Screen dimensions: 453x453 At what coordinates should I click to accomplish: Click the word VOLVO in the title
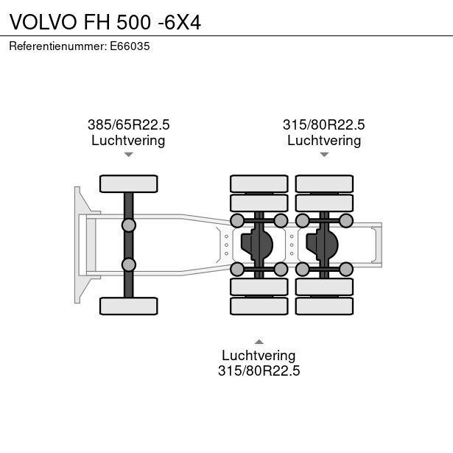(x=43, y=22)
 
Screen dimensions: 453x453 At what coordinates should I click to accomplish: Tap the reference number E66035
(x=130, y=46)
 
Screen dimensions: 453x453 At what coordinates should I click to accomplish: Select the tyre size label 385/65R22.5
(x=129, y=124)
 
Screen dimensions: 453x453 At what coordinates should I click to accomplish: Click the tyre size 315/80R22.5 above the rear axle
(x=324, y=124)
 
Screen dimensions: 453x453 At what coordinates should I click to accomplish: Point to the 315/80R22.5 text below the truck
(x=259, y=371)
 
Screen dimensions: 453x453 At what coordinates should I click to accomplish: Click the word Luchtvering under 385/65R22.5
(x=128, y=141)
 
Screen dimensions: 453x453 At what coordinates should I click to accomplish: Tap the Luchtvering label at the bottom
(x=259, y=355)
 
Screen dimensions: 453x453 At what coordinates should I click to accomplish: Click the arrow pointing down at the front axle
(x=129, y=155)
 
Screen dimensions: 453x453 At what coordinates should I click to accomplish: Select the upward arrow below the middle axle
(x=259, y=342)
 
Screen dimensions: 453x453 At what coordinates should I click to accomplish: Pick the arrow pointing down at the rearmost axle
(x=324, y=155)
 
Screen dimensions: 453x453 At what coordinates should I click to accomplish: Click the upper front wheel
(x=129, y=183)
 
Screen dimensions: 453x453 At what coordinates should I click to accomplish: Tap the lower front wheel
(x=129, y=306)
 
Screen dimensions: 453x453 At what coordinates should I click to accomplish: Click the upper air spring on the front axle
(x=129, y=225)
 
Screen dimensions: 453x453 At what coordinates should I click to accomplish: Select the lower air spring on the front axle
(x=129, y=264)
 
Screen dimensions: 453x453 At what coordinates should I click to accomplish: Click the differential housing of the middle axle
(x=257, y=245)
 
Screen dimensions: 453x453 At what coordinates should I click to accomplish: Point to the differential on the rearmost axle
(x=322, y=245)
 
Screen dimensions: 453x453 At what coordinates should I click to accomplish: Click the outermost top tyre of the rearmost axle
(x=324, y=183)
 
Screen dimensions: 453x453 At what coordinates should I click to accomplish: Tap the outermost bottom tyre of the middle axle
(x=259, y=306)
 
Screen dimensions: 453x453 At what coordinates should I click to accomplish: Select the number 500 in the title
(x=134, y=22)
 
